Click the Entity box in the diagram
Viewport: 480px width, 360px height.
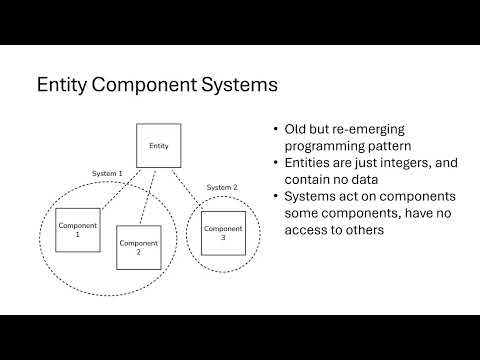coord(158,146)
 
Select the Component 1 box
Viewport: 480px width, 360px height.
coord(77,230)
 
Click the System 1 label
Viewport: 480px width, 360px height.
coord(106,173)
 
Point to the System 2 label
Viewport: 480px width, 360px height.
coord(221,187)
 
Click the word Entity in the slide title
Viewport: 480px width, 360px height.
coord(62,86)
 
